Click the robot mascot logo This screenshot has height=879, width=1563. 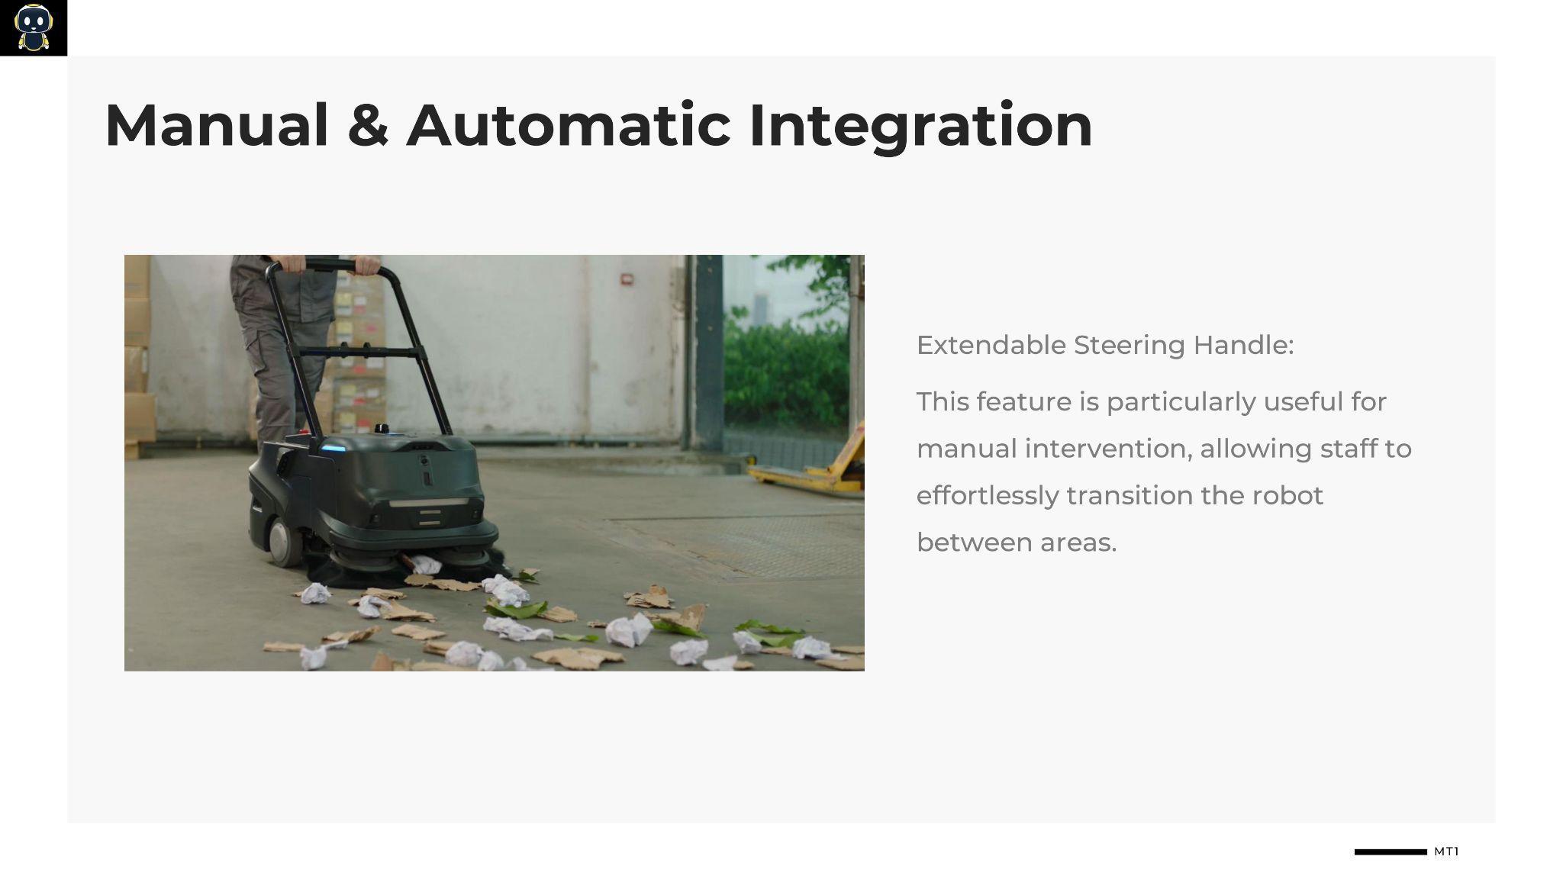(x=33, y=27)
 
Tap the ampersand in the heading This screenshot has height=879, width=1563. (x=368, y=124)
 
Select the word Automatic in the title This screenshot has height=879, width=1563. (x=569, y=124)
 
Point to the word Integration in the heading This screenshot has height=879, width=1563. (x=921, y=127)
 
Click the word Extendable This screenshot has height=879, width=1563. (x=991, y=345)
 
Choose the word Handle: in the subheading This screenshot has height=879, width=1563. (x=1243, y=345)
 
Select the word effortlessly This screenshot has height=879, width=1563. (x=988, y=496)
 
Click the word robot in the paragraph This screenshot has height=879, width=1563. (x=1287, y=496)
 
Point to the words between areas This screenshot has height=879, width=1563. (x=1017, y=543)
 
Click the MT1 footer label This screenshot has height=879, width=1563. (x=1446, y=852)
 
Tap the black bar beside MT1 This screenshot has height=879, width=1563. (x=1391, y=852)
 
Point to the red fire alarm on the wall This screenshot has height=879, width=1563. (x=627, y=279)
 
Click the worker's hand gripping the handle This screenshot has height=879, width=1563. (x=367, y=264)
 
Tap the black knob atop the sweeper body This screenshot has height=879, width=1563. (x=380, y=429)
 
